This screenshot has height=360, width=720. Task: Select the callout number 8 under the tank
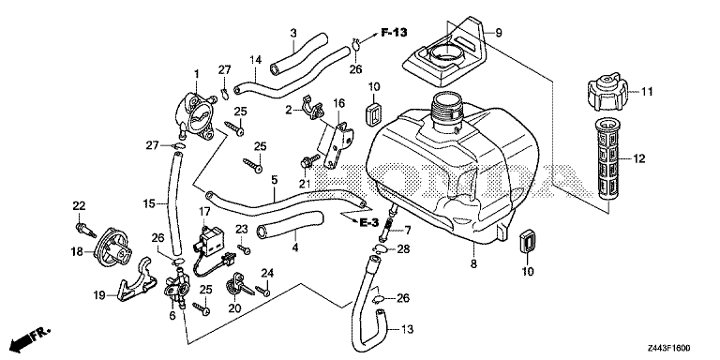(473, 264)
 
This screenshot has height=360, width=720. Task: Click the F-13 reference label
(394, 32)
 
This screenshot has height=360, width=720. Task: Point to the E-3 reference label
(368, 223)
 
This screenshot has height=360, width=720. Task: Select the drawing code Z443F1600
(669, 349)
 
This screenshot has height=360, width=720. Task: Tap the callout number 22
(80, 205)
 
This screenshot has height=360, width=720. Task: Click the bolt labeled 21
(310, 161)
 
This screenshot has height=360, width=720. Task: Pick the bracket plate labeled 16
(338, 143)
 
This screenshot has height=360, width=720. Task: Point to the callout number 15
(148, 202)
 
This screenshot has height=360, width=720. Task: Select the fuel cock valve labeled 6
(175, 289)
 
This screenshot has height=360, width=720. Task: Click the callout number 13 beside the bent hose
(407, 329)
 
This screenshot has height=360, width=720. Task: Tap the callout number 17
(204, 212)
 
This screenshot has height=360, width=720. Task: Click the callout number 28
(403, 249)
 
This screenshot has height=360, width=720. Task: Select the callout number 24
(267, 274)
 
